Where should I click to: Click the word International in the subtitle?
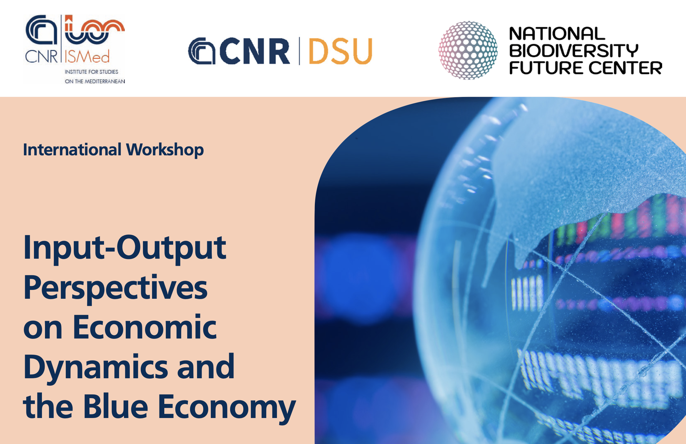[x=73, y=150]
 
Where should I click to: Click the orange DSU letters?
[x=341, y=51]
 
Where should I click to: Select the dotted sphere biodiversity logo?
[x=468, y=50]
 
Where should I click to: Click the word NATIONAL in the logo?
[x=557, y=34]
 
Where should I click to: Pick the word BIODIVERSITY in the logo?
[x=574, y=51]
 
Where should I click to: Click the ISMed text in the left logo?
[x=87, y=57]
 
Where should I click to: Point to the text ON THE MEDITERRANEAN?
[x=95, y=81]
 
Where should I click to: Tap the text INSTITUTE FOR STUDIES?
[x=91, y=72]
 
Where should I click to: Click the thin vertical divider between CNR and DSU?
[x=300, y=51]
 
